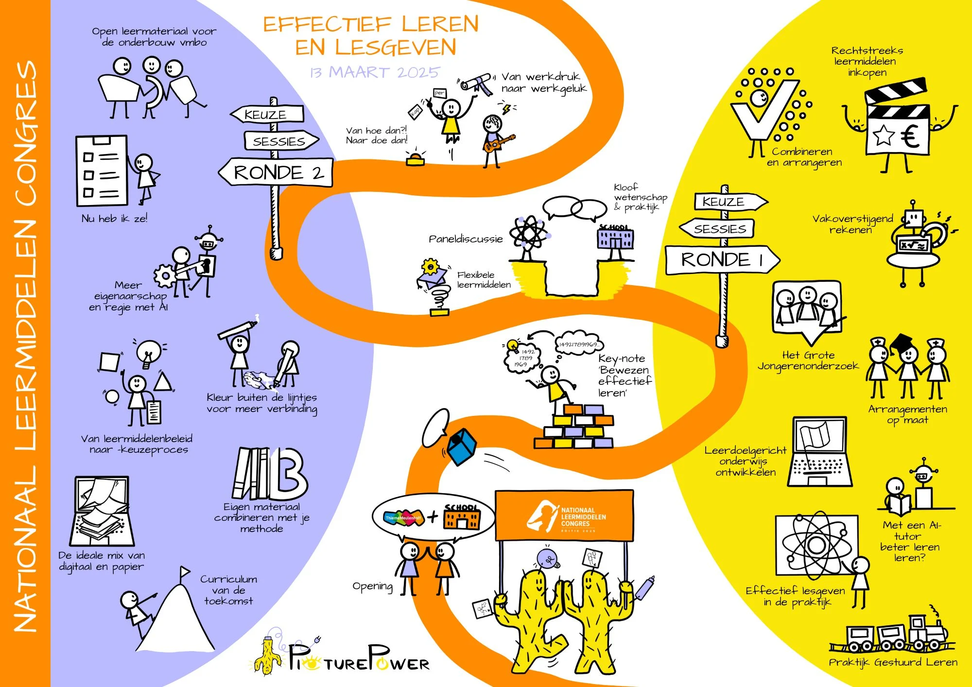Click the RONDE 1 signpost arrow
tap(722, 260)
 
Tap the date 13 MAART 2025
tap(374, 72)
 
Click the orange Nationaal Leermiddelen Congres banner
tap(564, 515)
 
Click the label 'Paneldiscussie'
tap(465, 239)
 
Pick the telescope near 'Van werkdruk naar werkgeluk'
tap(476, 83)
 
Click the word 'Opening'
tap(372, 586)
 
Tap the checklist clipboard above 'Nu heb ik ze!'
tap(102, 171)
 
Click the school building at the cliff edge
tap(615, 239)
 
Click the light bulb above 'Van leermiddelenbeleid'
tap(149, 352)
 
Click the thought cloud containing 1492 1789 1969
tap(522, 358)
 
